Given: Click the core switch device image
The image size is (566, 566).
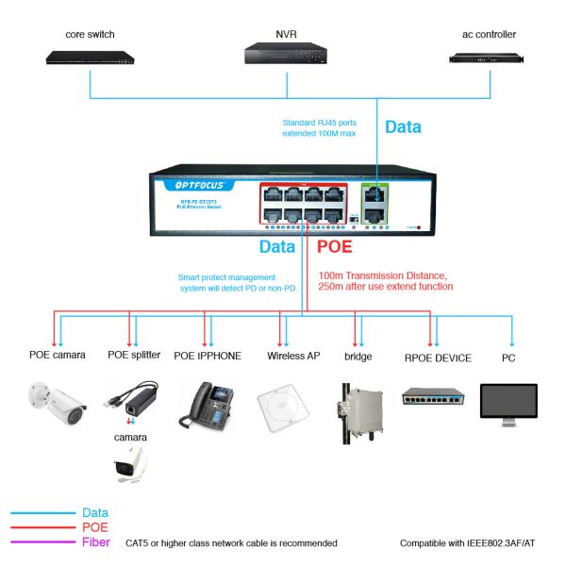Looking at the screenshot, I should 91,57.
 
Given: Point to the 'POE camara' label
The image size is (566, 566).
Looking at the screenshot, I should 57,356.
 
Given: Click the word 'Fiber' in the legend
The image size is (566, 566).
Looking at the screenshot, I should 96,542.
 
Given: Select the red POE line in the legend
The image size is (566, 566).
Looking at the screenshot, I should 42,527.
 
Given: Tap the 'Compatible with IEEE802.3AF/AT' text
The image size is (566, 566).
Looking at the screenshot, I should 469,543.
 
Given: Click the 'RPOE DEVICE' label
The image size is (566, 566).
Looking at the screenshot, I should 438,357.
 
